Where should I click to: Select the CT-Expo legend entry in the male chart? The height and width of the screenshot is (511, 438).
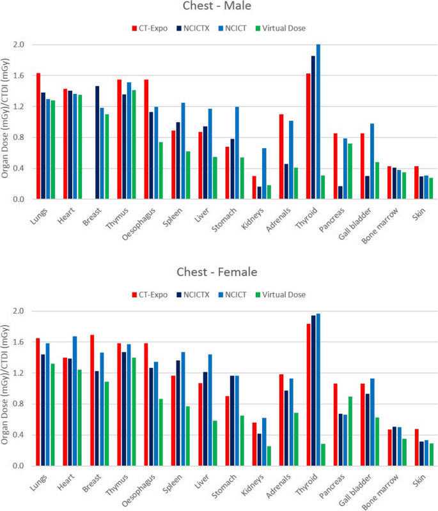pos(150,28)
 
